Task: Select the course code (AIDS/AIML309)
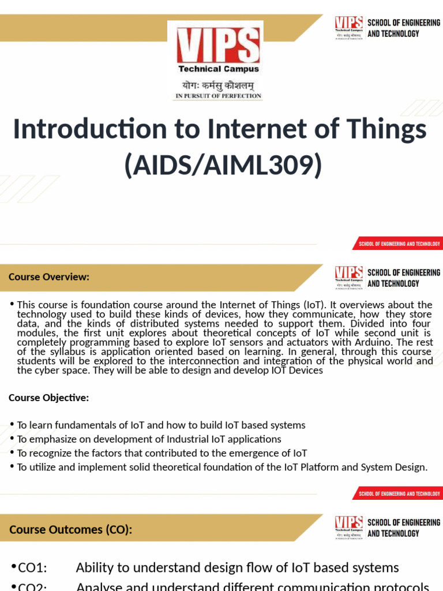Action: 223,165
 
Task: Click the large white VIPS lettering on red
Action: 217,46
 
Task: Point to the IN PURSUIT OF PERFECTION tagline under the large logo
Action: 218,96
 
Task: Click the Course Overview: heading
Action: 49,277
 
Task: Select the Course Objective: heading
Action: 49,398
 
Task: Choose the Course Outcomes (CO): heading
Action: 70,529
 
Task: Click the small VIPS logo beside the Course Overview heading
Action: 349,277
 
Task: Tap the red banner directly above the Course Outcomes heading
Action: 398,493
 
